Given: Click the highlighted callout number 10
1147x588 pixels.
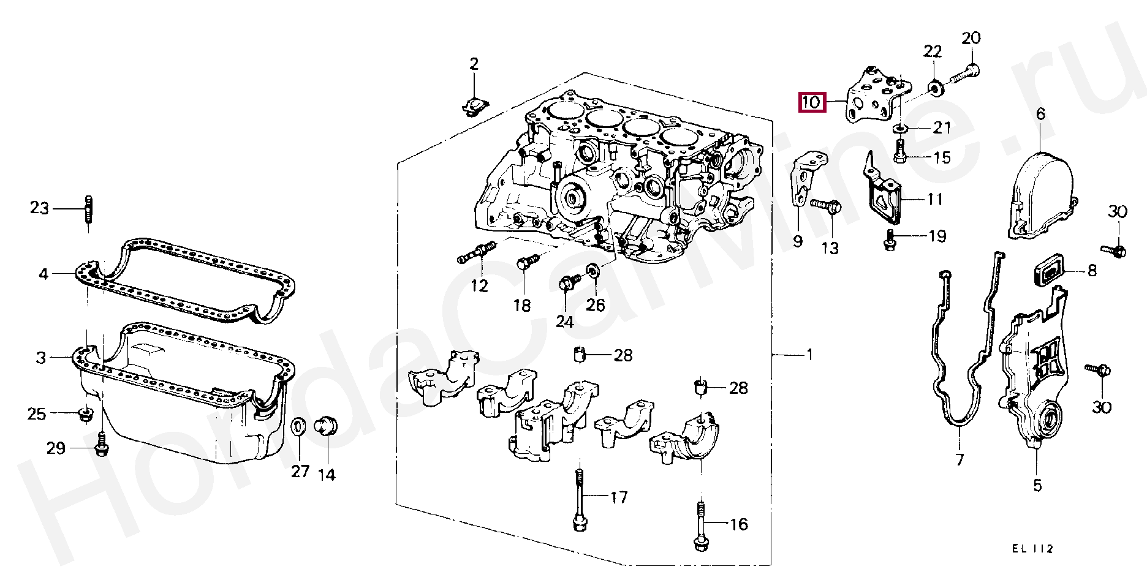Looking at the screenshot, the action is (812, 102).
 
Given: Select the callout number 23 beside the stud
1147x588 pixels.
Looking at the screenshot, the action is (39, 208).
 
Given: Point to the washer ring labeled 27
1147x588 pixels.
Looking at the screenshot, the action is (298, 427).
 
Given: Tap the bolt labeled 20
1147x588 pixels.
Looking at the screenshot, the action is (964, 75).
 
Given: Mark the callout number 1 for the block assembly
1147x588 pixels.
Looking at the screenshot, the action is (809, 355).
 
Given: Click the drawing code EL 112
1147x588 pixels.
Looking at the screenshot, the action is (1032, 549).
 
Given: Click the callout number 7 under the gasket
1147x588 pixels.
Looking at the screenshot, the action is (960, 459).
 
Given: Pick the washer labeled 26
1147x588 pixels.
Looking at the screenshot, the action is (593, 271).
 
